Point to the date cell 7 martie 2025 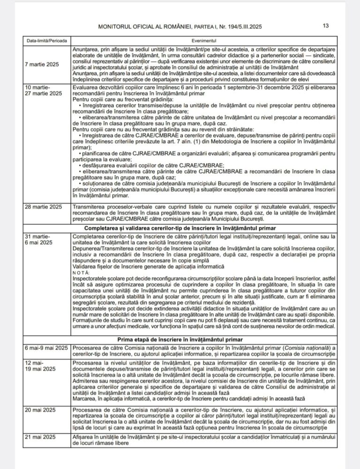click(43, 64)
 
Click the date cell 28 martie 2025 click(44, 207)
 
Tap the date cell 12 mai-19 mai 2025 click(40, 366)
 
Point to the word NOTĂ click(80, 272)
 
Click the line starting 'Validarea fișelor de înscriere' click(133, 266)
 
